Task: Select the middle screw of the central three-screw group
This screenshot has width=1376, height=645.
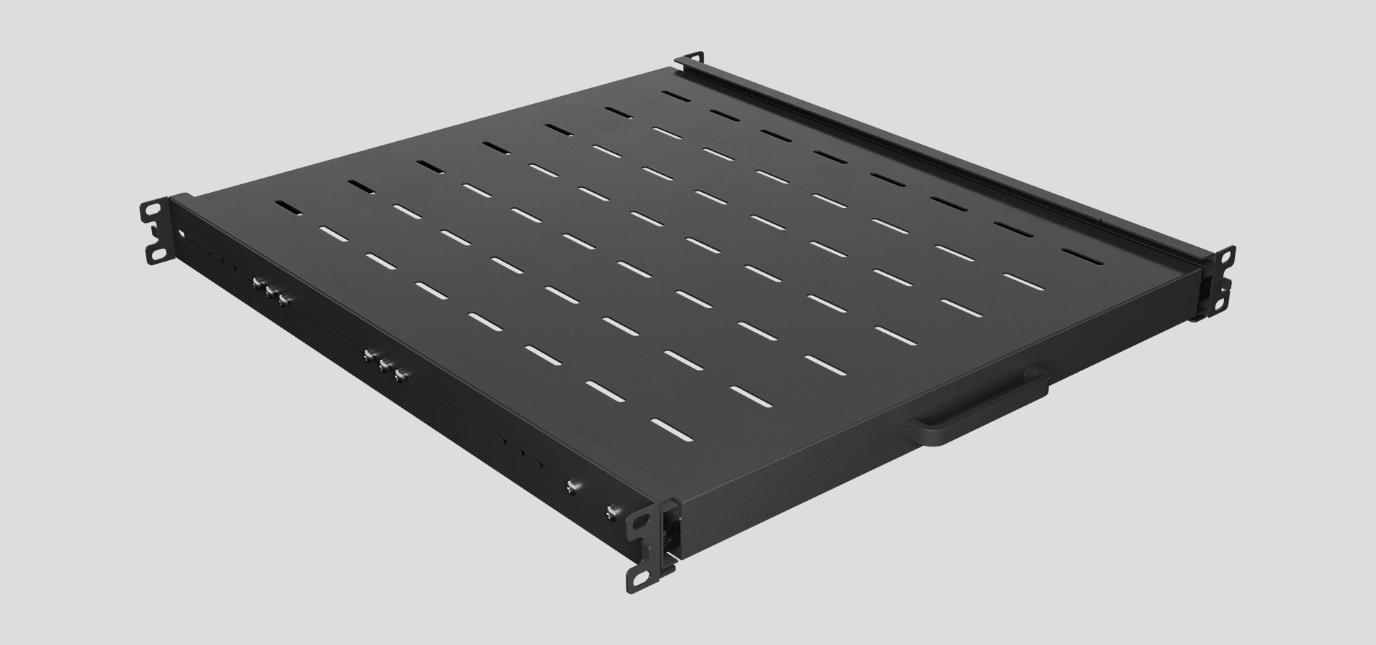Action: pyautogui.click(x=385, y=365)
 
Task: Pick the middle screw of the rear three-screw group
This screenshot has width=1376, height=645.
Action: pyautogui.click(x=271, y=291)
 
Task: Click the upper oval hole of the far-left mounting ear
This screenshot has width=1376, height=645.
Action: pyautogui.click(x=153, y=209)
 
